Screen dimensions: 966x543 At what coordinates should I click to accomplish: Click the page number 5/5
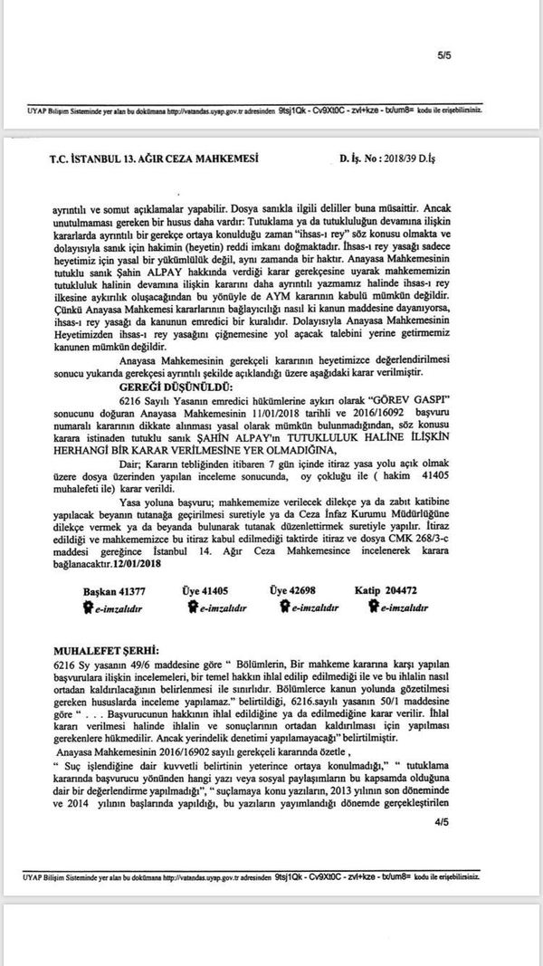443,55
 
